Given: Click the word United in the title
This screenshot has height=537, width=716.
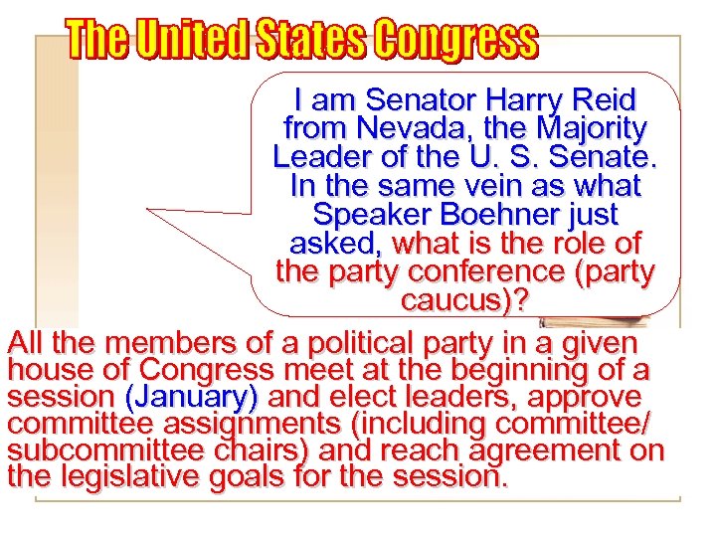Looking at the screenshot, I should pyautogui.click(x=195, y=42).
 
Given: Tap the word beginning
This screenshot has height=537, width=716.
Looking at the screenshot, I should pyautogui.click(x=526, y=371).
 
